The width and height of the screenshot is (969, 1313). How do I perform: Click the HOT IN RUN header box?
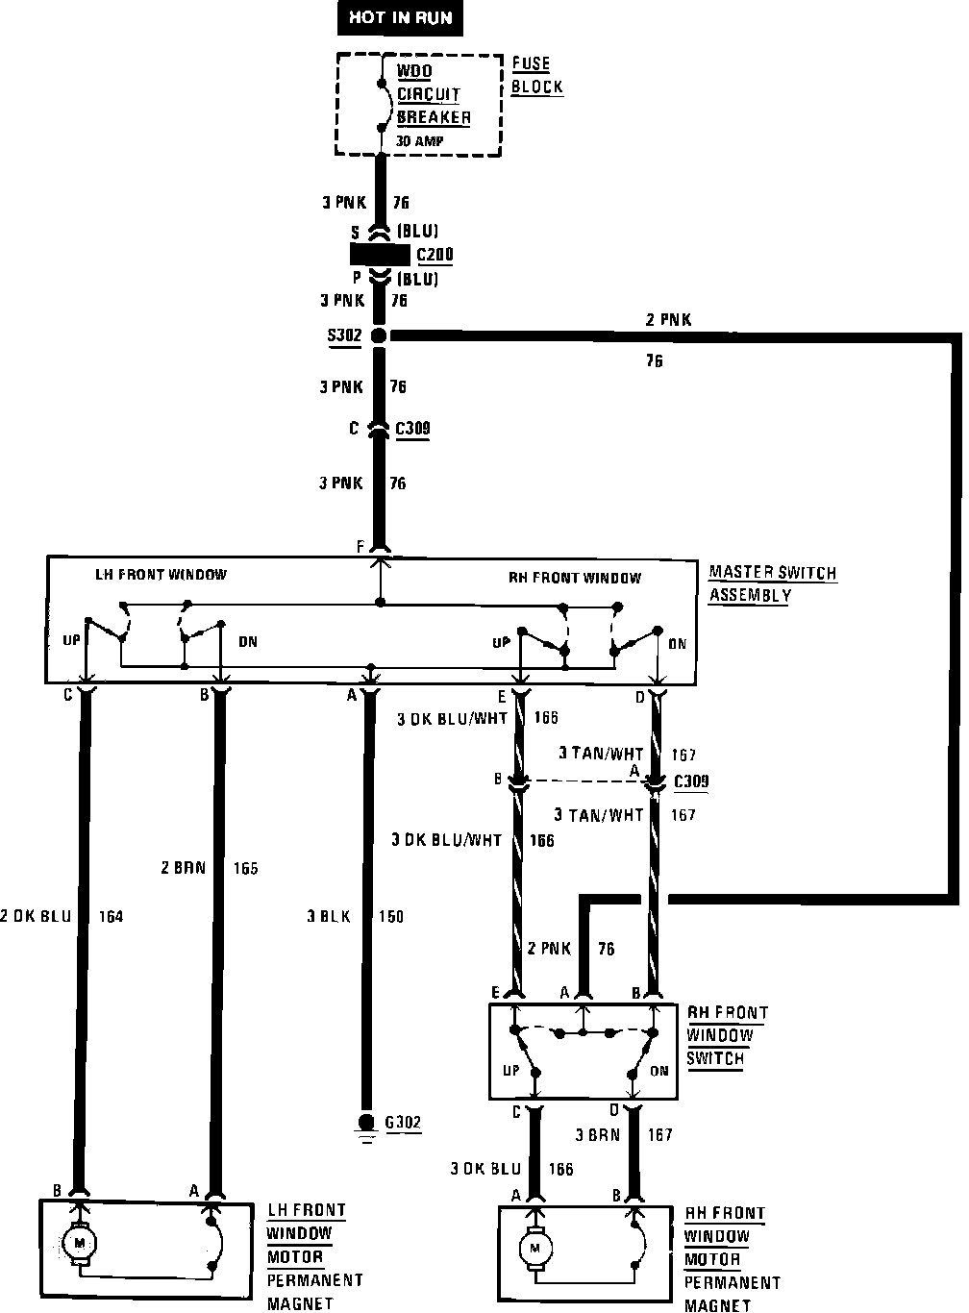(400, 17)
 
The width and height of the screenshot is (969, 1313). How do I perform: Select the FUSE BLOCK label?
(535, 75)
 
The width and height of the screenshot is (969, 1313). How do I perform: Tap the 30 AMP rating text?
(420, 140)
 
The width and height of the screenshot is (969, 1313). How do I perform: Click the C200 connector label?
(434, 256)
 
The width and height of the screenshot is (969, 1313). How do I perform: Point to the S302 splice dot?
(379, 335)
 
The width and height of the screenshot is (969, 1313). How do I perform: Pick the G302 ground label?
(403, 1122)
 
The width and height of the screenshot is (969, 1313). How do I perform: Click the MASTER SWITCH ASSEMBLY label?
(771, 583)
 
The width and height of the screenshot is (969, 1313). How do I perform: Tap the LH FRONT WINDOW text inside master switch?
(161, 575)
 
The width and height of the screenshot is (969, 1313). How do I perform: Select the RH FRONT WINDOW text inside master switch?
(574, 578)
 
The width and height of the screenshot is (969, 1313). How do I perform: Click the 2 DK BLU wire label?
(37, 916)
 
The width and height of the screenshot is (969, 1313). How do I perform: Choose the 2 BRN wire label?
(183, 868)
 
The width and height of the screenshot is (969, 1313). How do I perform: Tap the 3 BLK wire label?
(329, 916)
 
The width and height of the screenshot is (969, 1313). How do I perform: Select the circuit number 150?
(390, 916)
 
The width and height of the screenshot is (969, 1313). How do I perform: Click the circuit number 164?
(111, 916)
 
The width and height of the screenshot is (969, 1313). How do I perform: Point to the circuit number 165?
(245, 868)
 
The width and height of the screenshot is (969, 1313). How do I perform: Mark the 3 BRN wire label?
(598, 1134)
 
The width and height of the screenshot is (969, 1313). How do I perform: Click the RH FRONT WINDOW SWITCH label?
(726, 1035)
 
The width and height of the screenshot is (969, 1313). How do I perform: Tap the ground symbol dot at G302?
(365, 1122)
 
